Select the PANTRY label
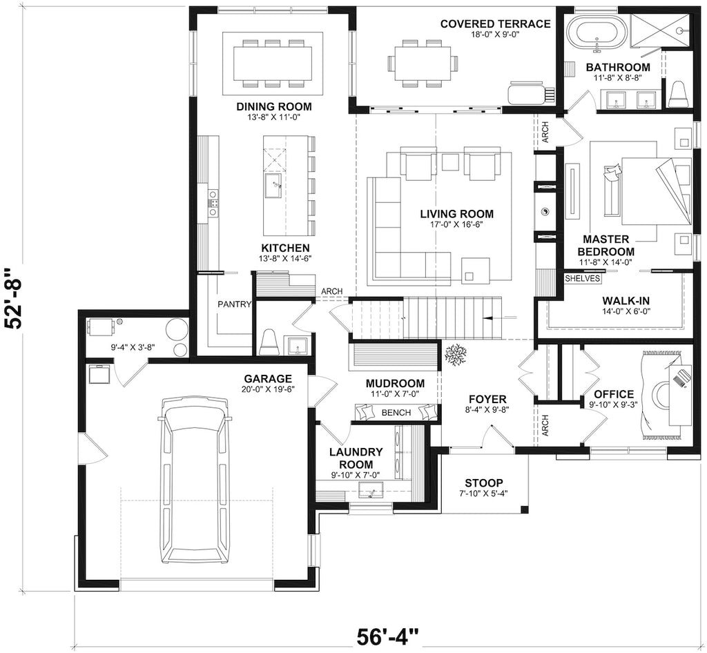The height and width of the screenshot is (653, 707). coord(235,304)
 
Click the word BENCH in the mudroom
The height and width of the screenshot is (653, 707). coord(396,412)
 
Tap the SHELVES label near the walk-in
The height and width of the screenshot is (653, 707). coord(583,278)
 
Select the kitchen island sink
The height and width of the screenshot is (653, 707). coord(273,186)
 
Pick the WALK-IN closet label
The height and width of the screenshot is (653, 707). coord(622,300)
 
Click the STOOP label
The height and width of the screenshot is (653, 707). coord(484,483)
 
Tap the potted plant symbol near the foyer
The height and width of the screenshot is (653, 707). coord(456,355)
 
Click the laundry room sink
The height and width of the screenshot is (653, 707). coord(371,490)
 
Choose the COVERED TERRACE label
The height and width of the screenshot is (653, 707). coord(496,23)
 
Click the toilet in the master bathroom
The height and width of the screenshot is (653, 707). coord(679,95)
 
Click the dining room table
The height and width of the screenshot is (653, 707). coord(273,64)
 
